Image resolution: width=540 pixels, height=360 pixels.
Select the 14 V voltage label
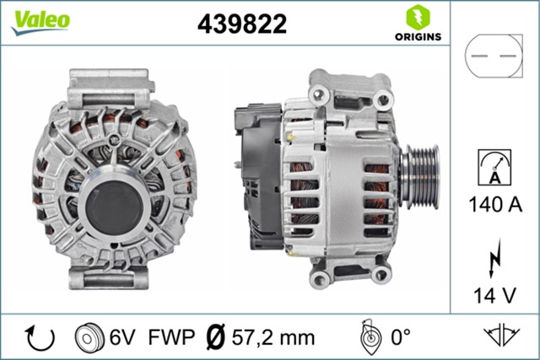494,296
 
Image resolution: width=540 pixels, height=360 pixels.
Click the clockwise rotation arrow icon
40,337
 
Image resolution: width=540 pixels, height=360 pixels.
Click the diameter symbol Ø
216,337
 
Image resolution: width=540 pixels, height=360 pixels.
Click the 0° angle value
399,337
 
